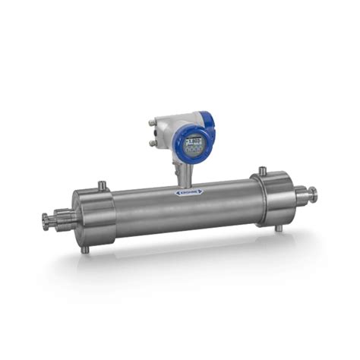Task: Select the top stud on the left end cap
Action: click(100, 186)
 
